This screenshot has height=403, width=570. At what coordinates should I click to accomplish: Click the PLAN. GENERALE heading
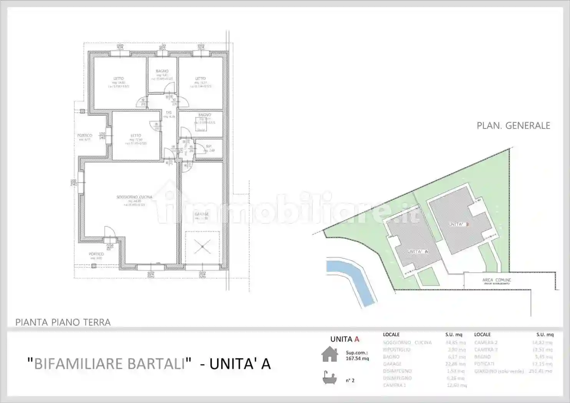[513, 126]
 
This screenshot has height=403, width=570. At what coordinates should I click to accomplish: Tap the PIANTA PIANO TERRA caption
[63, 322]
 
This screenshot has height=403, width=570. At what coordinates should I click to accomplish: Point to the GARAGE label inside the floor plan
[201, 214]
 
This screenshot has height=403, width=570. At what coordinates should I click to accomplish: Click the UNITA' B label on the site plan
[459, 224]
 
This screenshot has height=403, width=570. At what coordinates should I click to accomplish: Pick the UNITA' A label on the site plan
[418, 252]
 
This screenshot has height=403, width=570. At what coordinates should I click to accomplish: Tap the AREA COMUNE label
[497, 280]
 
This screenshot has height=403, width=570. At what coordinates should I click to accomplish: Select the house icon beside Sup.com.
[330, 354]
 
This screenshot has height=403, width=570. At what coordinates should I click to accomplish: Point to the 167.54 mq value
[357, 358]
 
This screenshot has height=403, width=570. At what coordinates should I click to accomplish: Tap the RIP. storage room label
[209, 146]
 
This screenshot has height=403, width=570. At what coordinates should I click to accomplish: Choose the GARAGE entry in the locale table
[392, 364]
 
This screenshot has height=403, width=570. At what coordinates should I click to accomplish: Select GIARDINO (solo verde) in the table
[499, 371]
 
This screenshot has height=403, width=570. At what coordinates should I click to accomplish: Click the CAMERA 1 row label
[394, 385]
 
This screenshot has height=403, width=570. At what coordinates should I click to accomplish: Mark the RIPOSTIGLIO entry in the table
[396, 350]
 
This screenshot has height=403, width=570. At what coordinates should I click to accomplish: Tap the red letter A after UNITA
[357, 339]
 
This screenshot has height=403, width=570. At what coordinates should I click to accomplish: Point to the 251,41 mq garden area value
[540, 371]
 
